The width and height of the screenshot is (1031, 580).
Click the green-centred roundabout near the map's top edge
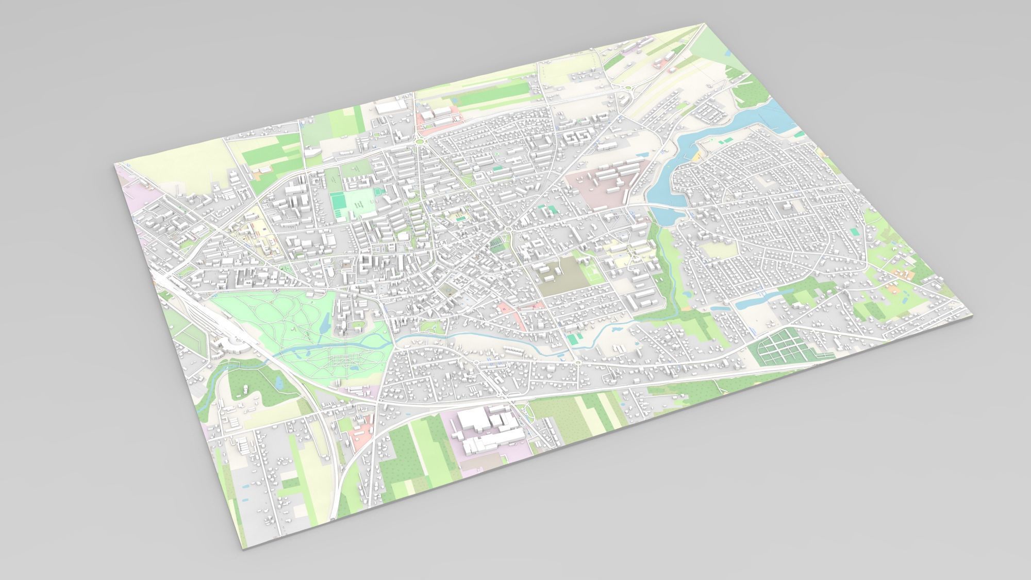(x=419, y=141)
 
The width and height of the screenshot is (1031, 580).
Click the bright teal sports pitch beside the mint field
(x=339, y=205)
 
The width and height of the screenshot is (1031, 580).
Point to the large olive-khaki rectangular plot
(x=563, y=277)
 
